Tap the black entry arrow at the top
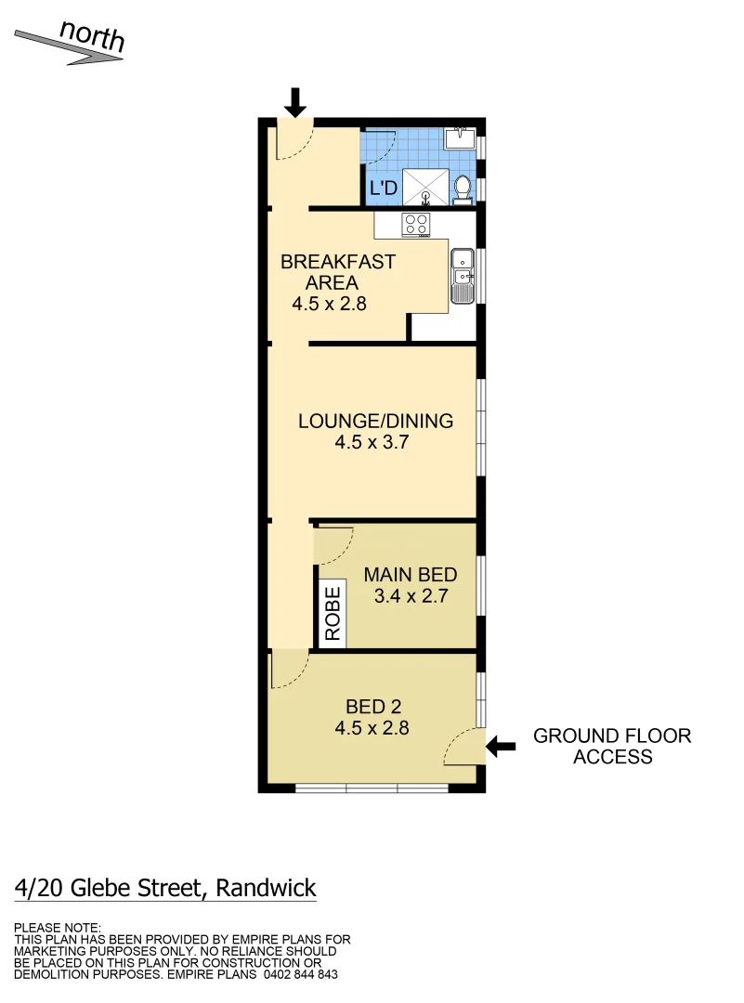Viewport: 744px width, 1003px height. click(294, 101)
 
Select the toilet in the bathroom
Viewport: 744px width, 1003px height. click(463, 188)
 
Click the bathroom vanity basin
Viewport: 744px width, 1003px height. click(460, 138)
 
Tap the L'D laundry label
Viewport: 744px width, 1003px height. click(384, 189)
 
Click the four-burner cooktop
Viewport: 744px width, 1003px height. click(415, 224)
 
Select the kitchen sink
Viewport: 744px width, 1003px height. click(462, 276)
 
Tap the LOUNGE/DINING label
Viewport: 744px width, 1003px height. click(375, 421)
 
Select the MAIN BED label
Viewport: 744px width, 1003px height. click(411, 575)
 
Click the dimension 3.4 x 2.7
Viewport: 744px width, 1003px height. click(411, 596)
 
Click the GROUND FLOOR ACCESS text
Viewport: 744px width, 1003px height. click(612, 746)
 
